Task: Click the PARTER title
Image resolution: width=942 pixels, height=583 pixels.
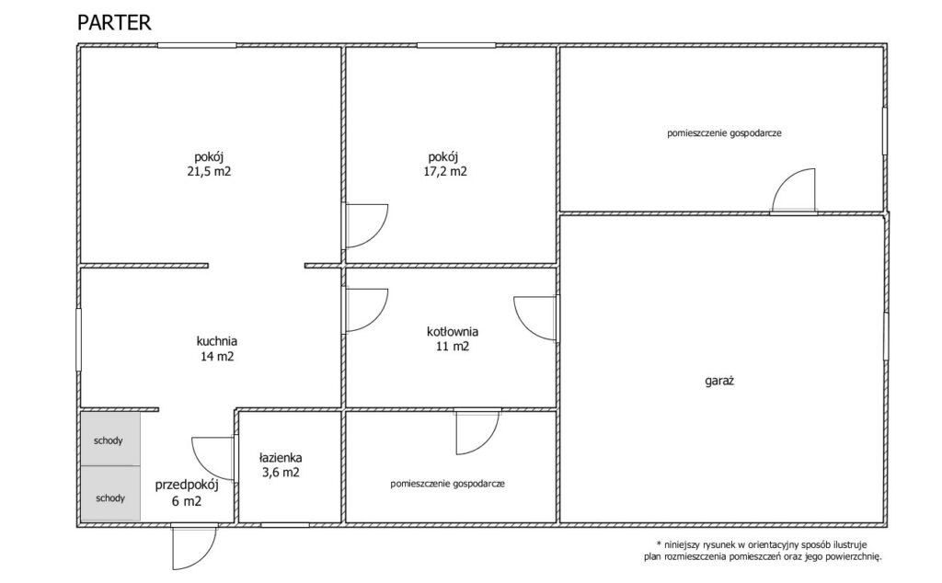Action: point(114,22)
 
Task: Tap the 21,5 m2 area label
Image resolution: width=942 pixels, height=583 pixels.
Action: point(209,171)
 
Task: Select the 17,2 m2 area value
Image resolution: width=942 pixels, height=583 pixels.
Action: point(444,171)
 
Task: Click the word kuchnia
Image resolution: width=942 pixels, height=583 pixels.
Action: point(217,341)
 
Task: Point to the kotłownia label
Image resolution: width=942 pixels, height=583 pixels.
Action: point(453,331)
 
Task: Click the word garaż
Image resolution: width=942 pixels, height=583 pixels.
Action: point(719,381)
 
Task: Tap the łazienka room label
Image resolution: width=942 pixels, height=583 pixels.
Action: point(281,458)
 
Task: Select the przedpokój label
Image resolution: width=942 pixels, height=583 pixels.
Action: point(187,486)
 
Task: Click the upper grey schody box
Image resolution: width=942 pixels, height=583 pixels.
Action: point(110,439)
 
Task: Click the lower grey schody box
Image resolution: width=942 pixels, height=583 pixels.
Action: point(110,494)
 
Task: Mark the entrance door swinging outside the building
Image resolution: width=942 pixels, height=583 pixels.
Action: point(193,547)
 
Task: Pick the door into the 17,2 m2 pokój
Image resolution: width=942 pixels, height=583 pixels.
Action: point(364,226)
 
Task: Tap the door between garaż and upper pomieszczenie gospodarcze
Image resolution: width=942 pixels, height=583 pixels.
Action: point(794,191)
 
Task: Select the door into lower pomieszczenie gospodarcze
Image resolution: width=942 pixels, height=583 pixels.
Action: point(477,431)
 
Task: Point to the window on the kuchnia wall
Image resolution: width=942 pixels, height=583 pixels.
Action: point(78,339)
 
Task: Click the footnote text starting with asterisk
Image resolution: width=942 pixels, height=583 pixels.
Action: point(764,551)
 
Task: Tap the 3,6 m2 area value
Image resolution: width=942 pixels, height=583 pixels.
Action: point(281,473)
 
